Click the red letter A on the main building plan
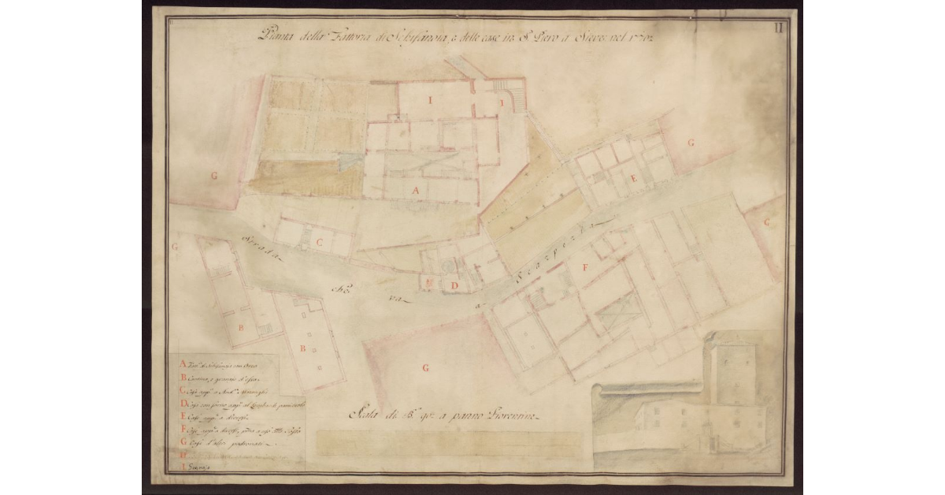tap(417, 190)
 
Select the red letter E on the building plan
tap(632, 180)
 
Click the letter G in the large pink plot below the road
tap(425, 367)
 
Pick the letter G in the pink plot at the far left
tap(213, 177)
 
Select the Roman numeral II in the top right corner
tap(777, 29)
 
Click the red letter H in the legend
tap(183, 455)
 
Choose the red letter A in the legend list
tap(183, 364)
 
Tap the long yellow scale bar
tap(449, 443)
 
